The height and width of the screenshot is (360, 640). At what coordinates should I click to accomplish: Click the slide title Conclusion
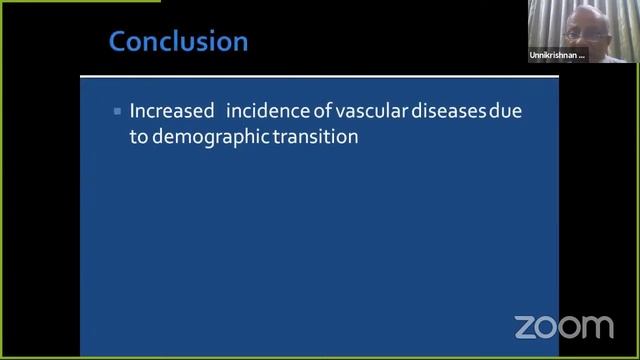[x=178, y=42]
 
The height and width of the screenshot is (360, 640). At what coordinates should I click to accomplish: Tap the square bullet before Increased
[x=118, y=111]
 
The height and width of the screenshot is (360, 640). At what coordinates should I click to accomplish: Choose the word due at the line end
[x=505, y=111]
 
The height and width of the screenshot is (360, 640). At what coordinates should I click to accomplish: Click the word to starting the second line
[x=138, y=138]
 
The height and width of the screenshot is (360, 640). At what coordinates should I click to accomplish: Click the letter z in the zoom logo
[x=525, y=326]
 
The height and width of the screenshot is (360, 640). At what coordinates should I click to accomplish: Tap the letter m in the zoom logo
[x=596, y=326]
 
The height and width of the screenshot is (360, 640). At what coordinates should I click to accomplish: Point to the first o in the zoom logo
[x=546, y=326]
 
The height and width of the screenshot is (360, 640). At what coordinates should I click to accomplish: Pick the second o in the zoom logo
[x=569, y=326]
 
